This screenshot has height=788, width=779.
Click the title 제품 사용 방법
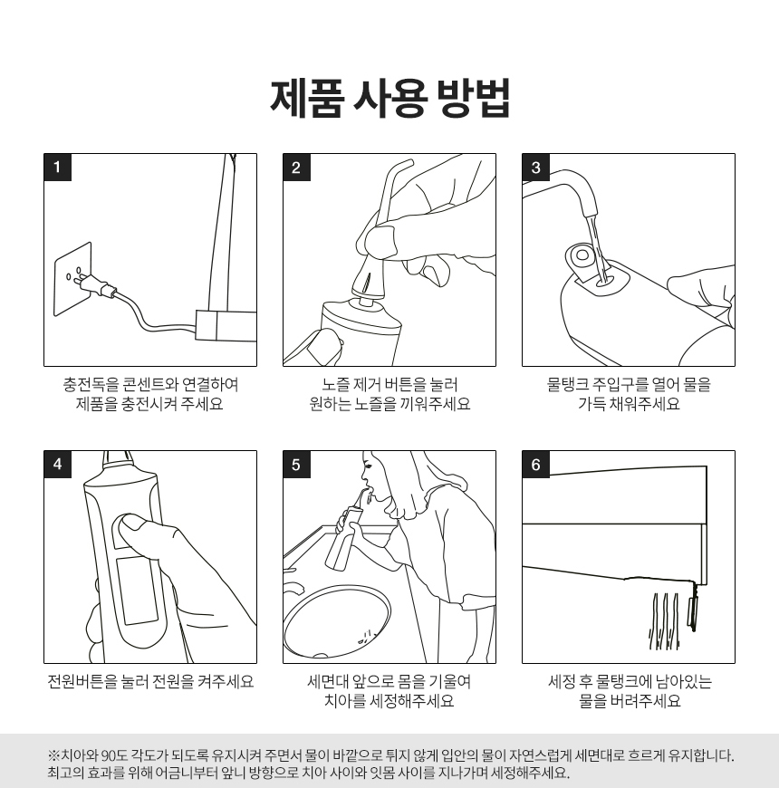390,99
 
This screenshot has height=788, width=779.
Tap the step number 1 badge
57,167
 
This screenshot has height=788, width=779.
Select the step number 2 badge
296,167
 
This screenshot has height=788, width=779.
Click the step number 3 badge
535,167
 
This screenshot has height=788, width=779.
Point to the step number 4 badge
57,464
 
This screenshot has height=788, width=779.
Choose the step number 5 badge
296,464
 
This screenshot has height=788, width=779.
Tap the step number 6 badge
535,464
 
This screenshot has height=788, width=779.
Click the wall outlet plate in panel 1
72,279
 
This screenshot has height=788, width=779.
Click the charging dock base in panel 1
226,326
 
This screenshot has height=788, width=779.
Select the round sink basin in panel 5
337,620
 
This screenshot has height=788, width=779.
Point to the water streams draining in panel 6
664,621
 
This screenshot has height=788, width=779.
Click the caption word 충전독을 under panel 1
91,384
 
